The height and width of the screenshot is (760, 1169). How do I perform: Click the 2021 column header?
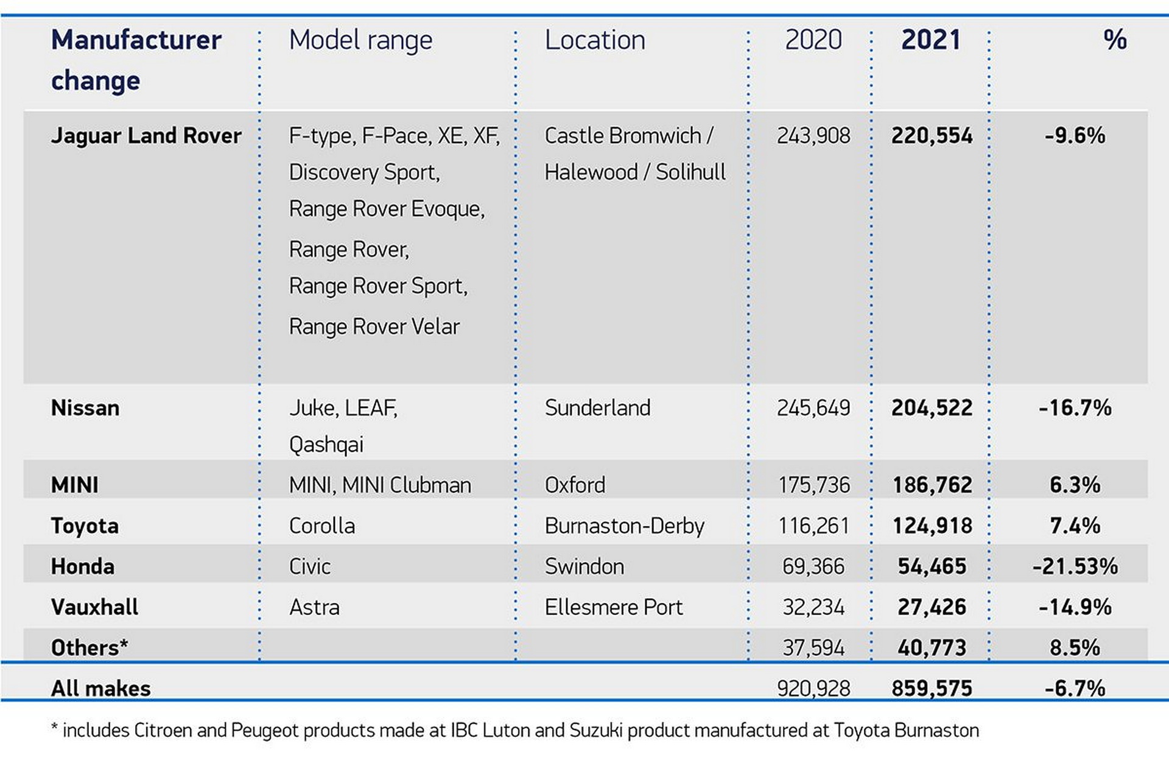coord(930,40)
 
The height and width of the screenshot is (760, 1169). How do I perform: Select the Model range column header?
coord(360,41)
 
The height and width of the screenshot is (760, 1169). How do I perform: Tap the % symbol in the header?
coord(1115,40)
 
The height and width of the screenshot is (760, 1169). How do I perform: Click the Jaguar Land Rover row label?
coord(146,135)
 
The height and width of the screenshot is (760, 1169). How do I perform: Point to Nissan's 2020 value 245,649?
coord(813,407)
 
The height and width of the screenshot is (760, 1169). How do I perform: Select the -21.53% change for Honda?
coord(1075,566)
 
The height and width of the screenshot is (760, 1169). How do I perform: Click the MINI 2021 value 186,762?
coord(932,485)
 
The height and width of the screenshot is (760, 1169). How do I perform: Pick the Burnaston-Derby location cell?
coord(624,526)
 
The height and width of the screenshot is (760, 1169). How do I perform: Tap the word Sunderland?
coord(597,407)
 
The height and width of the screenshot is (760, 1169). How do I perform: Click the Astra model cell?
coord(314,607)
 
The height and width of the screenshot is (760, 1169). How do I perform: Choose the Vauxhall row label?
coord(94,607)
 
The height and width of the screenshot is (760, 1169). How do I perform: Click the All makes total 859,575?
coord(932,688)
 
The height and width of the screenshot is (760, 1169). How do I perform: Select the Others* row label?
coord(90,647)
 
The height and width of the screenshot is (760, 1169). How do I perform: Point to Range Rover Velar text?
coord(374,326)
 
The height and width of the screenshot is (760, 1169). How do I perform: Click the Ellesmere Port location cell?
coord(613,607)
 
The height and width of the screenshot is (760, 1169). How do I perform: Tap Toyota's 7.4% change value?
coord(1075,526)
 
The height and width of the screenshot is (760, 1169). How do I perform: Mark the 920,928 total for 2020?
coord(813,688)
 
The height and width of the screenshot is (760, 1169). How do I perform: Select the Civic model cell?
coord(309,566)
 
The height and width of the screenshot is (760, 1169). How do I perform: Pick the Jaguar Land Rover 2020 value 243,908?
coord(813,135)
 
